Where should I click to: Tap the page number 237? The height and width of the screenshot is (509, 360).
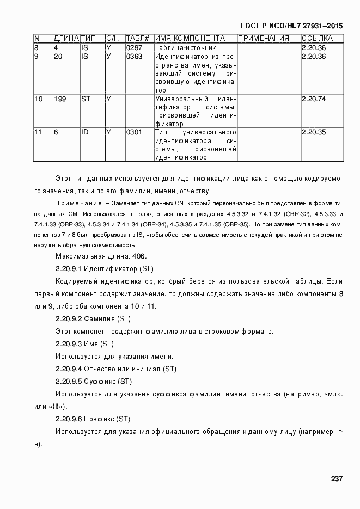[336, 479]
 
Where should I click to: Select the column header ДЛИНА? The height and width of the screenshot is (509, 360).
[66, 39]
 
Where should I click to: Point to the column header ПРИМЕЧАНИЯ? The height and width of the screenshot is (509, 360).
[264, 39]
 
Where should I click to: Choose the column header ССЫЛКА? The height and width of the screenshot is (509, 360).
[317, 39]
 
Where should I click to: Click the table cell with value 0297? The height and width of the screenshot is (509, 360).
[133, 48]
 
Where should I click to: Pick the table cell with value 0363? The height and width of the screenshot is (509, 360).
[133, 57]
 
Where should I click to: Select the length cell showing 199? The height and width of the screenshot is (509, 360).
[59, 99]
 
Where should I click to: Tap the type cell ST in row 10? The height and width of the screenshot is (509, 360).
[86, 99]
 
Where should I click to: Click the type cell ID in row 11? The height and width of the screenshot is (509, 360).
[85, 133]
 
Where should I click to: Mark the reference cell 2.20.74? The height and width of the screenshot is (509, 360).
[313, 99]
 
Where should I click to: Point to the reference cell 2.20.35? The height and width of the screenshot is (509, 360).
[313, 133]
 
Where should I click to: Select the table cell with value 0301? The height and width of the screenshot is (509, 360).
[133, 133]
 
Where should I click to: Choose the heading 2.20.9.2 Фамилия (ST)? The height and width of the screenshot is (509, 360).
[93, 319]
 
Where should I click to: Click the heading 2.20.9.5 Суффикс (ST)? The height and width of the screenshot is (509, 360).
[94, 381]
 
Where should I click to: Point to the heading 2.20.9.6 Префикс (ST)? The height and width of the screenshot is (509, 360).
[93, 419]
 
